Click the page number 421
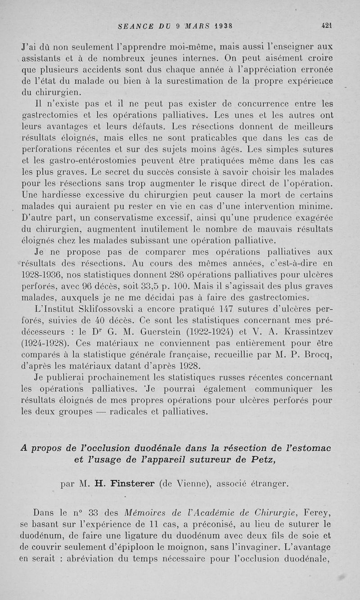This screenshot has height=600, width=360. coord(326,26)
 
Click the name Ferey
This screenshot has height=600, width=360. coord(318,512)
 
